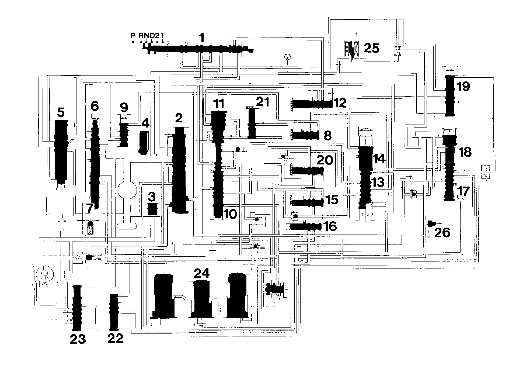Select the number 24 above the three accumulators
[202, 274]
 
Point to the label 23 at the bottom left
[78, 339]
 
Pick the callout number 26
[442, 232]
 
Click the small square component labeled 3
[153, 210]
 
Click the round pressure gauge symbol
[288, 57]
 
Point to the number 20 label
[325, 160]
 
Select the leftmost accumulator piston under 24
[164, 295]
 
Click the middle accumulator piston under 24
[202, 299]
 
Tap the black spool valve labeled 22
[114, 312]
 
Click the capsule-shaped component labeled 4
[144, 142]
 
